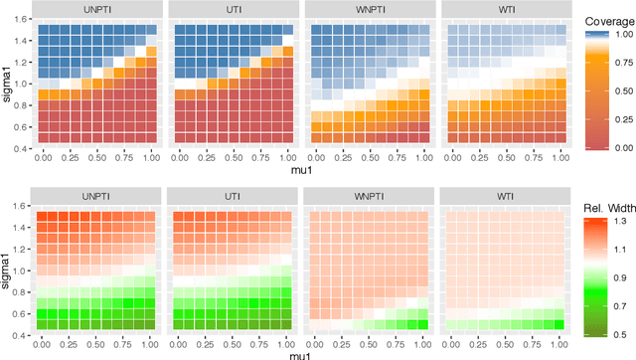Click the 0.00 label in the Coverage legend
point(619,146)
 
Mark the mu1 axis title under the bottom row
point(298,353)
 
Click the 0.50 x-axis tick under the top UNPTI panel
point(96,156)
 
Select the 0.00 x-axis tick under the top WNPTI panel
point(313,156)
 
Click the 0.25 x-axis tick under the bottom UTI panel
point(205,342)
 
